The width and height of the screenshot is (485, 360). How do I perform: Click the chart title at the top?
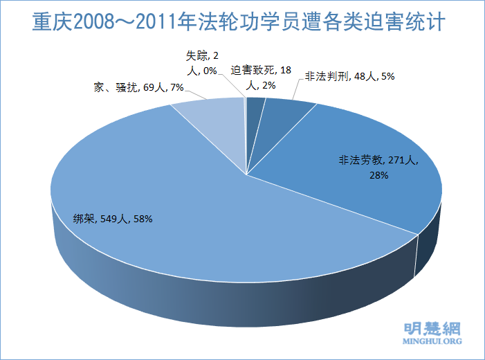tap(242, 24)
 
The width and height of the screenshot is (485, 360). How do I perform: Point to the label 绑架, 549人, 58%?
tap(113, 218)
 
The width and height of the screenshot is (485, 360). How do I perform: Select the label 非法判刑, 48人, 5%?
tap(349, 78)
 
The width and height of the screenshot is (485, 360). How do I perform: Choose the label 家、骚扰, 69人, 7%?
tap(138, 87)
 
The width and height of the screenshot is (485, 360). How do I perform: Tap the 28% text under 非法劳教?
tap(378, 176)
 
